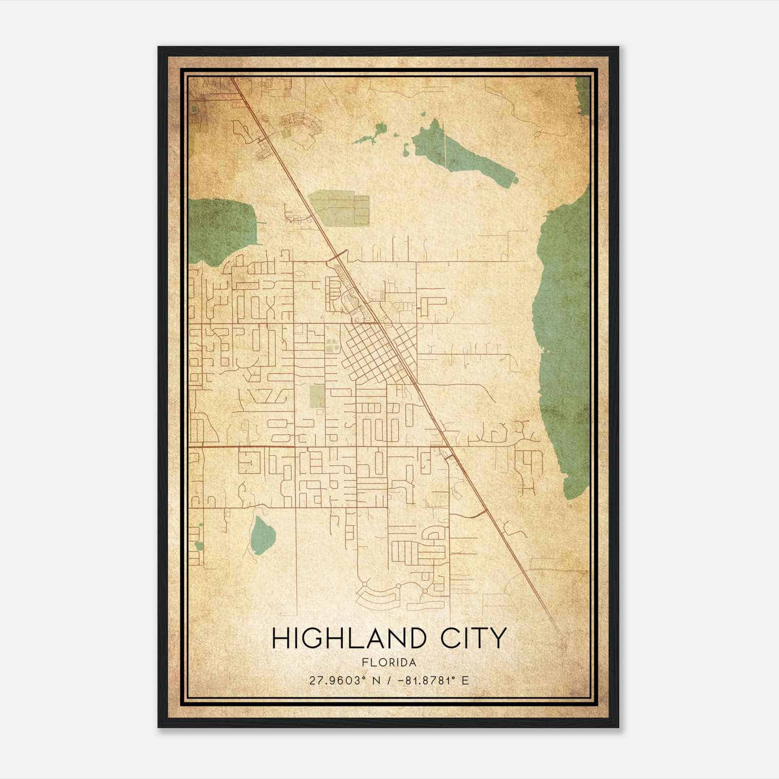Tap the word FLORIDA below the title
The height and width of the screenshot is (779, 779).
(389, 663)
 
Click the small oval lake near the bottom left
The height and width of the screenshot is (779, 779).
(261, 536)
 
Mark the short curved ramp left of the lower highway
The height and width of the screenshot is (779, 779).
(475, 515)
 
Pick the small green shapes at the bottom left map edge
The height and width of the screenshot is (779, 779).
(198, 545)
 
